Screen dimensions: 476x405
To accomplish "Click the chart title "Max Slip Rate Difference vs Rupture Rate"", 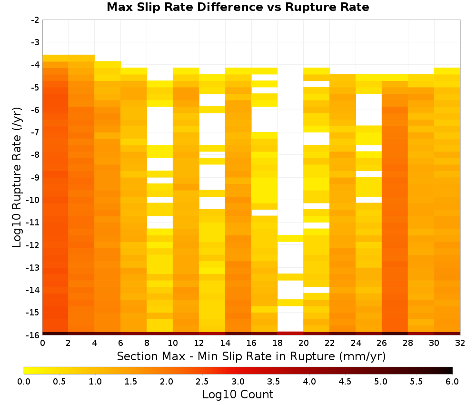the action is coord(238,7).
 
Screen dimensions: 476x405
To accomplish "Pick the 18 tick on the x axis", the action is coord(278,343).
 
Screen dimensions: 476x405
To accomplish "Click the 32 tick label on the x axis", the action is coord(460,343).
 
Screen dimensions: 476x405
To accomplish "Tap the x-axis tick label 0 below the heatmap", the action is coord(42,343).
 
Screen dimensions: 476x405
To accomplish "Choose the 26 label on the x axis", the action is coord(382,343).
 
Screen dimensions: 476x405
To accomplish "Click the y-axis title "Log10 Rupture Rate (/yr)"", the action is coord(17,177).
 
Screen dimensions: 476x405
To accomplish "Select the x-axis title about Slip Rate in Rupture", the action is coord(251,356).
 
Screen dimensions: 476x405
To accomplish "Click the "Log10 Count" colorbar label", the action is coord(238,395).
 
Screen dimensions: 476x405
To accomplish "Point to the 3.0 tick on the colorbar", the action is coord(238,382).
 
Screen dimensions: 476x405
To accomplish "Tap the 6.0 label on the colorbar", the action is coord(452,382).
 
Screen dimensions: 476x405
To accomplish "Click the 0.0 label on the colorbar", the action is coord(24,382).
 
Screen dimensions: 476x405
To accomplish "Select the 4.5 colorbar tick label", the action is coord(345,382).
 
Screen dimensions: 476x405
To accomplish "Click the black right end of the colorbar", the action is coord(450,370).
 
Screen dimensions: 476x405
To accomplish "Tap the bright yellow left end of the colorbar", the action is coord(27,370).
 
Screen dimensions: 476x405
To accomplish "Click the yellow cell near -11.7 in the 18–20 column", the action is coord(290,238).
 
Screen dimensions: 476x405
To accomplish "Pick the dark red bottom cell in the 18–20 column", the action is coord(290,334).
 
